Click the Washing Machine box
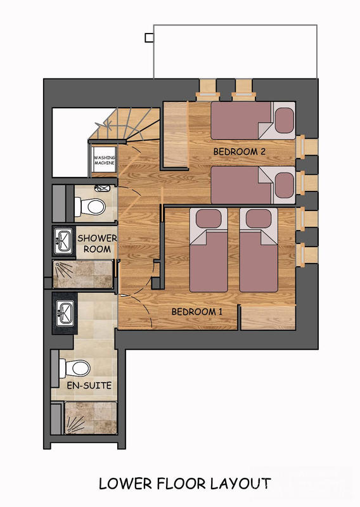pos(105,160)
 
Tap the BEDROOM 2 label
pos(240,151)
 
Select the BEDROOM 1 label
pos(197,311)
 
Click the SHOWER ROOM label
pos(97,243)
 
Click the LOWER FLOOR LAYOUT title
pos(184,484)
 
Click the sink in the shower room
pos(64,240)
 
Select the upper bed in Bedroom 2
pos(252,120)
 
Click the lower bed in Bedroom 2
pos(252,185)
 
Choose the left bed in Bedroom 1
pos(209,250)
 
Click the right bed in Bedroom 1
pos(259,250)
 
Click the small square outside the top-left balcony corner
pos(149,37)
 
